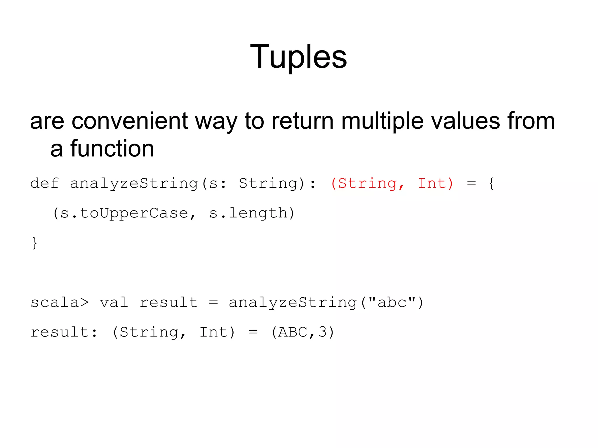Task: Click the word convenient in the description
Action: [x=130, y=121]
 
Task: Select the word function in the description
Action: [x=112, y=149]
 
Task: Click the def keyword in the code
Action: [x=45, y=184]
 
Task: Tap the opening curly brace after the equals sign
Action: [x=491, y=184]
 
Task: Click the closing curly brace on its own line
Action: [x=35, y=243]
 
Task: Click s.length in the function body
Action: [x=248, y=213]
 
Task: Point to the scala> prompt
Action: [x=60, y=302]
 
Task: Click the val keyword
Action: [x=114, y=302]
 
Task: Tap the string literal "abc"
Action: [x=392, y=302]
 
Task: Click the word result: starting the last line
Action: [x=64, y=332]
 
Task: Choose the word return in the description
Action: [x=303, y=121]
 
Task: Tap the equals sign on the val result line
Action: [x=213, y=302]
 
